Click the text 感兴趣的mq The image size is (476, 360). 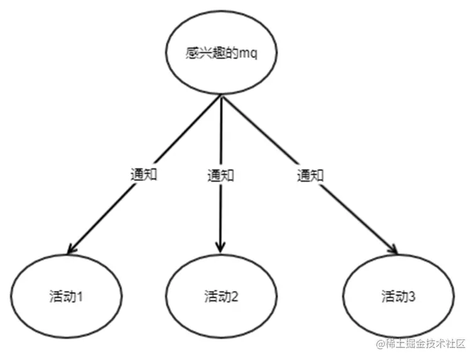(x=222, y=53)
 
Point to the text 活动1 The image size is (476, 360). (x=66, y=296)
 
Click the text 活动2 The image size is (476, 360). (x=221, y=296)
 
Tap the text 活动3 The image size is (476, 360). (x=398, y=296)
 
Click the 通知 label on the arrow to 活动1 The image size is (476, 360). (x=144, y=175)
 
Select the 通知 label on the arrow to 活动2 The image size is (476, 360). (x=220, y=175)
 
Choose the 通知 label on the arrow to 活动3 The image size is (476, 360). (x=310, y=175)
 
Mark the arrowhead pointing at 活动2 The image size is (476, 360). (x=220, y=248)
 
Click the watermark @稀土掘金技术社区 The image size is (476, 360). (x=421, y=344)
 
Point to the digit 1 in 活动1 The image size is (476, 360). (x=80, y=297)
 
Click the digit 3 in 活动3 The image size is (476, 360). (x=412, y=297)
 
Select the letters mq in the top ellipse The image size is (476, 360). (x=249, y=55)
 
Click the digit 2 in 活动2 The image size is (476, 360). (x=235, y=297)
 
